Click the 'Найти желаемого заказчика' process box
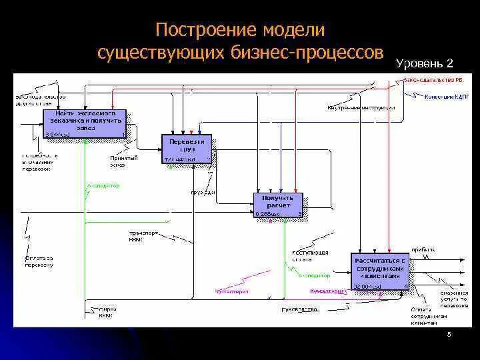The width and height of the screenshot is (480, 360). pyautogui.click(x=84, y=123)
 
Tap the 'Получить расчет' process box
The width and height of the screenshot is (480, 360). pyautogui.click(x=277, y=205)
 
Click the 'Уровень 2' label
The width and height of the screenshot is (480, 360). pyautogui.click(x=425, y=64)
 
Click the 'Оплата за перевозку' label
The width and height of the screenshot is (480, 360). pyautogui.click(x=39, y=261)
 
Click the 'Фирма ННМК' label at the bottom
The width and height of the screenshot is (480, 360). pyautogui.click(x=108, y=313)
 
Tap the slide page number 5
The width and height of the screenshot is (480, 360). pyautogui.click(x=449, y=335)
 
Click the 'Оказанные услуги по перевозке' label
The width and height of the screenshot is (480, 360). pyautogui.click(x=454, y=298)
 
